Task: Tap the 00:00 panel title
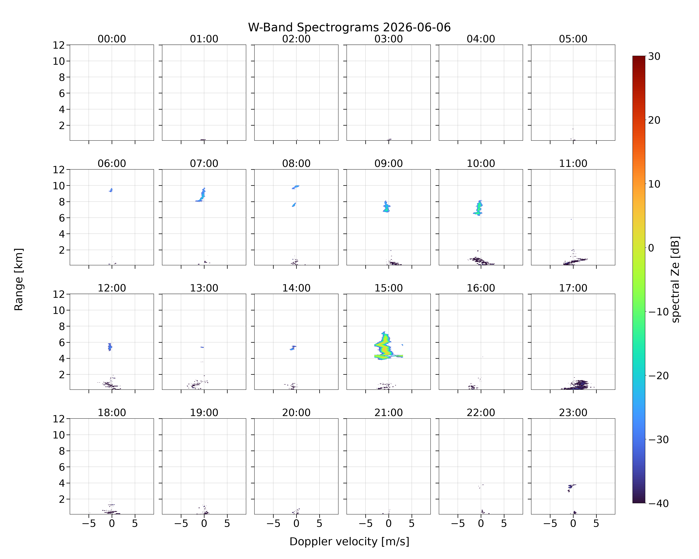coord(112,39)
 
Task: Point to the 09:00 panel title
coord(388,163)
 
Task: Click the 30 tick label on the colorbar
coord(654,56)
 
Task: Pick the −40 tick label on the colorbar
coord(658,503)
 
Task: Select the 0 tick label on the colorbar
coord(651,248)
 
